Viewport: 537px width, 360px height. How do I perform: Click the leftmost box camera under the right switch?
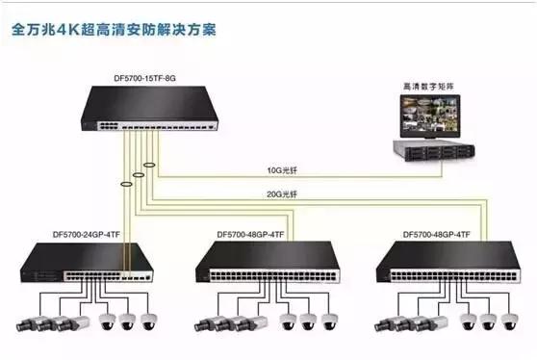click(x=389, y=323)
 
